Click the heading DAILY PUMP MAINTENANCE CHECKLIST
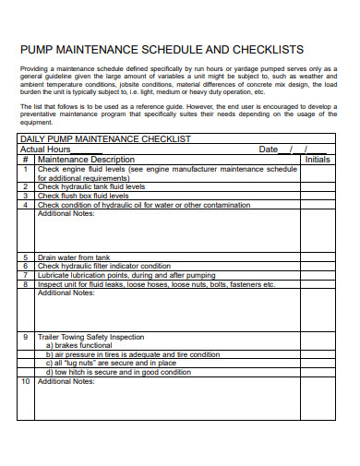(x=105, y=138)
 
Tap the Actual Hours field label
(x=45, y=149)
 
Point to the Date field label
(x=268, y=149)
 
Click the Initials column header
(x=318, y=159)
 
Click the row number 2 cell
(x=26, y=186)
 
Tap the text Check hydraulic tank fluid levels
(x=90, y=186)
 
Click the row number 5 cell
(x=26, y=257)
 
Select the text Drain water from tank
(x=73, y=257)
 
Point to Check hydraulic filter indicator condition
(x=103, y=266)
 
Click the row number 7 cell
(x=26, y=275)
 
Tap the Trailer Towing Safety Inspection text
(x=90, y=337)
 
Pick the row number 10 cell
(x=26, y=380)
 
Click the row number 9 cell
(x=26, y=337)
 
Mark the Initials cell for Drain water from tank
(x=318, y=257)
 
